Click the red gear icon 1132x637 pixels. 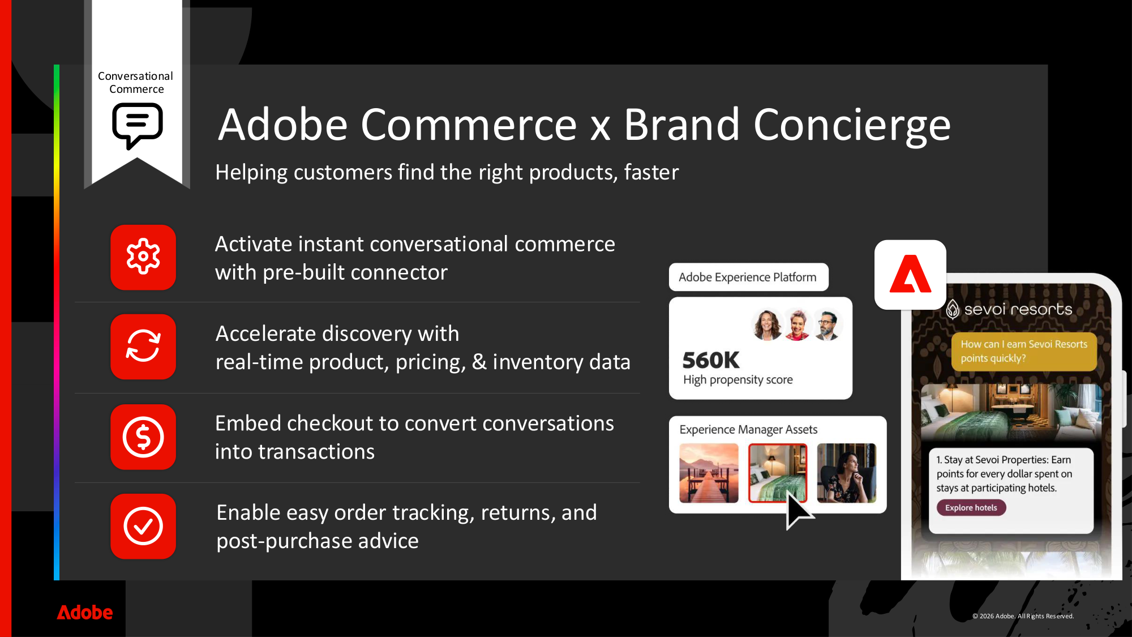(x=143, y=257)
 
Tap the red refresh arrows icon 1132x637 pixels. (x=143, y=347)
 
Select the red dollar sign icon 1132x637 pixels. (x=143, y=437)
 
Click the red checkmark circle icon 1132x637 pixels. (x=143, y=526)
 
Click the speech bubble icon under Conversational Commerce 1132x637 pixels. (x=138, y=125)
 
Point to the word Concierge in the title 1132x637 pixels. (x=851, y=125)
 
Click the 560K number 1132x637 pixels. (x=710, y=360)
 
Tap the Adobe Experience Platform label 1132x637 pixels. (x=748, y=277)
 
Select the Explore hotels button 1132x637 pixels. (x=971, y=507)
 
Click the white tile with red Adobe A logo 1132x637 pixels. (x=910, y=275)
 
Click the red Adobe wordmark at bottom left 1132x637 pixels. (x=85, y=612)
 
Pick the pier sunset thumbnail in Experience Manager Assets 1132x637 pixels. (x=709, y=473)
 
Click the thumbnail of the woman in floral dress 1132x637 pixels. (x=846, y=473)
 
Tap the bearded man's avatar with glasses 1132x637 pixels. (x=827, y=325)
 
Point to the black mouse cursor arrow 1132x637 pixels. (x=797, y=510)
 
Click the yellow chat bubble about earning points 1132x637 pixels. (x=1023, y=351)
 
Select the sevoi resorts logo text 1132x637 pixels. (x=1018, y=309)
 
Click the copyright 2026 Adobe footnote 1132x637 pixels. (x=1023, y=616)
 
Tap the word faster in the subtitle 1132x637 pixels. (x=651, y=172)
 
